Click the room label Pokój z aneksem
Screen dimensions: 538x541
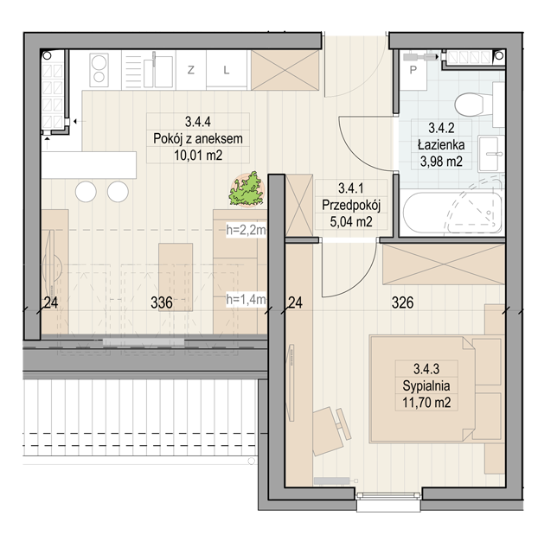coord(198,138)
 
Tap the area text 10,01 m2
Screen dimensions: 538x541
coord(198,156)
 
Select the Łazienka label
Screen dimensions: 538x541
coord(441,144)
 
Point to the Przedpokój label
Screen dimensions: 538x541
coord(351,206)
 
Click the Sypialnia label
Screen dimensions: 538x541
coord(426,385)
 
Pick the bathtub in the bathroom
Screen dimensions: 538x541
coord(452,213)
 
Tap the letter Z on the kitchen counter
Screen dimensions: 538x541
coord(190,70)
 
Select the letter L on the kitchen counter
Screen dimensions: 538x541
coord(226,70)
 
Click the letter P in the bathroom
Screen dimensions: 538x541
coord(413,70)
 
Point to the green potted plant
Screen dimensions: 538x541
coord(247,190)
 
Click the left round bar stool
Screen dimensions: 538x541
coord(86,192)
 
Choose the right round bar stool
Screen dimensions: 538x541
coord(118,192)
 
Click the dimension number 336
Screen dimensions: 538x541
coord(162,302)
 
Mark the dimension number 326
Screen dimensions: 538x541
coord(403,302)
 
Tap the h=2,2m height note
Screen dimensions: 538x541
coord(246,230)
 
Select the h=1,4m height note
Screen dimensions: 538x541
coord(246,299)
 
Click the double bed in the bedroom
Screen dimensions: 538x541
coord(436,389)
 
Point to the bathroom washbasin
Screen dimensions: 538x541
coord(490,154)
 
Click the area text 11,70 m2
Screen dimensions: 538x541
coord(426,403)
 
